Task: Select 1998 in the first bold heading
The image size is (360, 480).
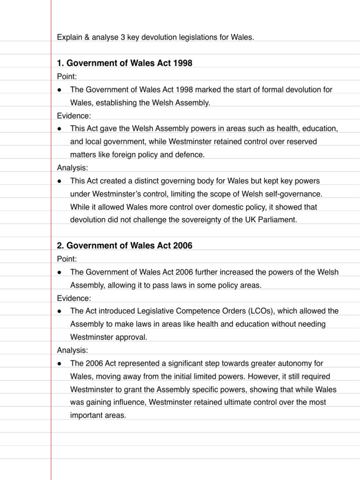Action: tap(182, 63)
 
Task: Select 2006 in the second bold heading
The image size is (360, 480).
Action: tap(182, 246)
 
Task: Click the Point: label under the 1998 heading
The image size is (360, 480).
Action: tap(67, 76)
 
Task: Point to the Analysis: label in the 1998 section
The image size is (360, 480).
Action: tap(73, 168)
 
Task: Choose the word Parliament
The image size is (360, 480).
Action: tap(279, 220)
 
